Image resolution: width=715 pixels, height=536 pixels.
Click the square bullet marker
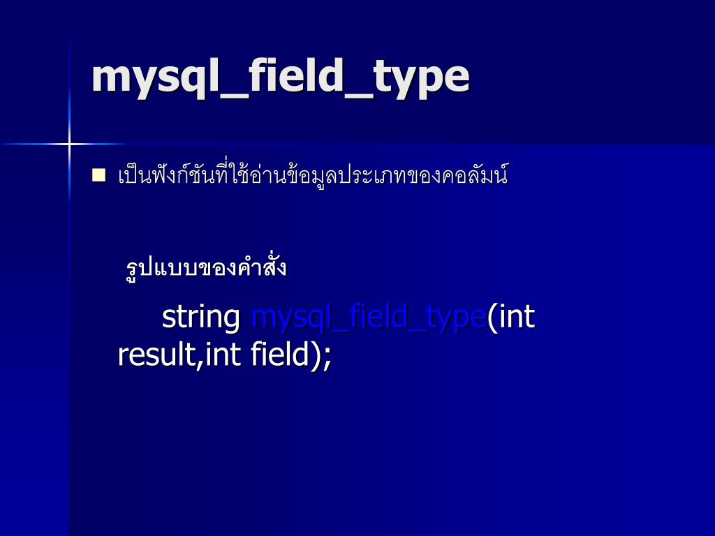(98, 174)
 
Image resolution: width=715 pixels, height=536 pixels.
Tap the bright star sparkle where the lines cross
(68, 144)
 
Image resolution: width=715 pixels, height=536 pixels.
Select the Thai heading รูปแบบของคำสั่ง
(206, 267)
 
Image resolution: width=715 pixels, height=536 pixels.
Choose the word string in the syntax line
(201, 318)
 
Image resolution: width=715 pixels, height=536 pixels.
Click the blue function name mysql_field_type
(368, 318)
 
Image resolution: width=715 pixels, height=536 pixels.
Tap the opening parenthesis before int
(492, 318)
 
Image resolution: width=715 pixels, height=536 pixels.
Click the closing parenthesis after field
(316, 355)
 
